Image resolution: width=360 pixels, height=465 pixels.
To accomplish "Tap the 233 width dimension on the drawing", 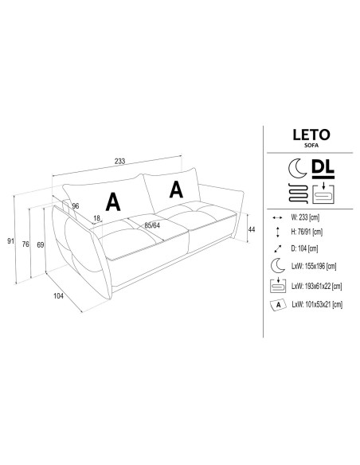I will click(119, 162).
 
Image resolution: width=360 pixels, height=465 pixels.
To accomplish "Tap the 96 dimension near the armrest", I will click(75, 206).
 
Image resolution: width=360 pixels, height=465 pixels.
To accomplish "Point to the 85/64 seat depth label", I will click(152, 225).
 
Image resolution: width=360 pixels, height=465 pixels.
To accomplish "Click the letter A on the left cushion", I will click(114, 201).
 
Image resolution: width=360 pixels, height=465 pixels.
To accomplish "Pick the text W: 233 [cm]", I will click(306, 217).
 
